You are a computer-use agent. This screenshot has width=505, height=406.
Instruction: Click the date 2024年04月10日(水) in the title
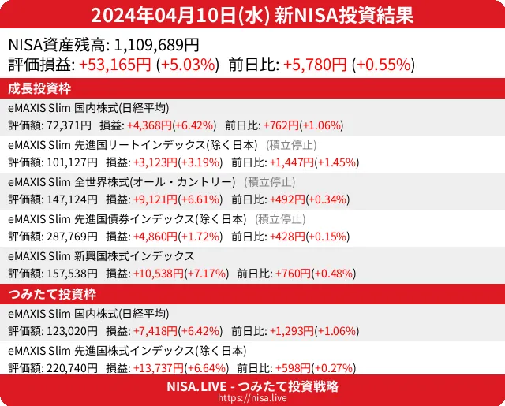pyautogui.click(x=181, y=15)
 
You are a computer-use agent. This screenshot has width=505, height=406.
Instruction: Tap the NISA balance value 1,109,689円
pyautogui.click(x=157, y=46)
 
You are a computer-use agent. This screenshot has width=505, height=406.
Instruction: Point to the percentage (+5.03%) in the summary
pyautogui.click(x=187, y=65)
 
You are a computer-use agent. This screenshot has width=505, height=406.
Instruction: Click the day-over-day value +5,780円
pyautogui.click(x=315, y=65)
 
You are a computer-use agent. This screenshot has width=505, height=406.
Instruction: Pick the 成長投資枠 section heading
pyautogui.click(x=41, y=88)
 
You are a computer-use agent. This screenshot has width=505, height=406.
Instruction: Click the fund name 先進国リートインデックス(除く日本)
pyautogui.click(x=165, y=145)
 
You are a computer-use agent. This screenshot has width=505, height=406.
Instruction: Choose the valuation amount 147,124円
pyautogui.click(x=73, y=199)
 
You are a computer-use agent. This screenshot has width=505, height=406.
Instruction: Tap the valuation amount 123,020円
pyautogui.click(x=73, y=331)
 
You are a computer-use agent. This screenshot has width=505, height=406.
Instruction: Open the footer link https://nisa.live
pyautogui.click(x=252, y=399)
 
